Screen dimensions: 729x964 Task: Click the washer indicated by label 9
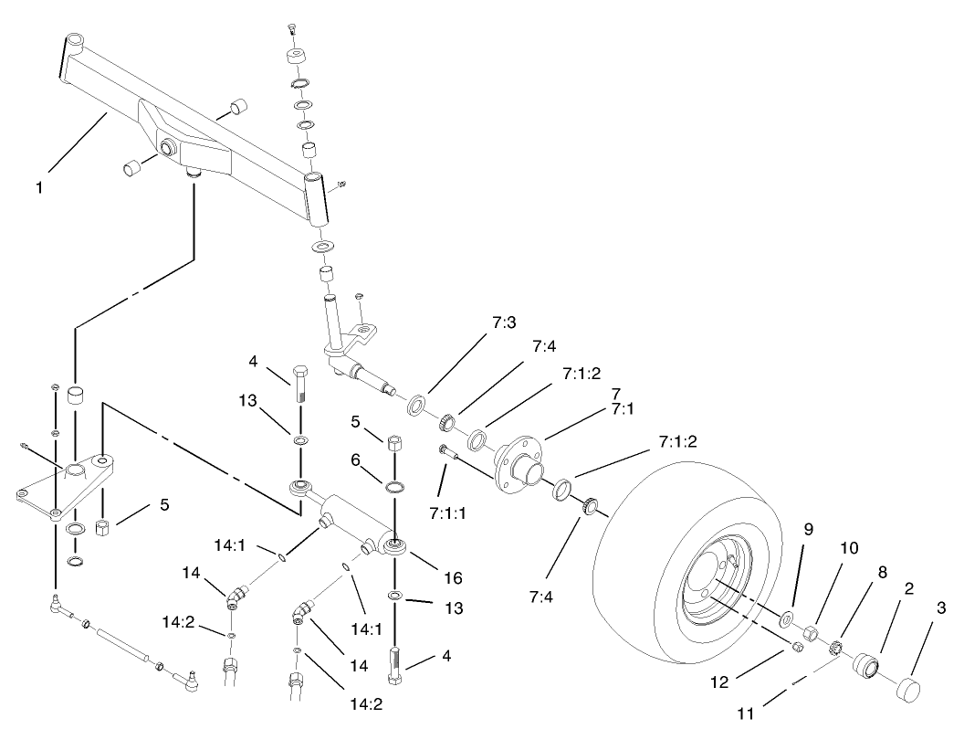(x=787, y=620)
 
